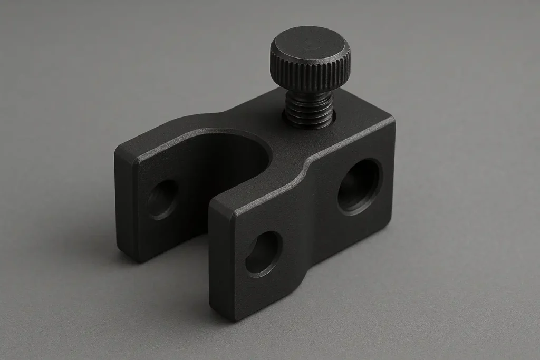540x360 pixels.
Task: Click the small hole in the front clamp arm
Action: tap(263, 254)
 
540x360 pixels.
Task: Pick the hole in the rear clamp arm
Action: tap(162, 200)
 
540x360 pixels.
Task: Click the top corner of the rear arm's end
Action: tap(119, 150)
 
